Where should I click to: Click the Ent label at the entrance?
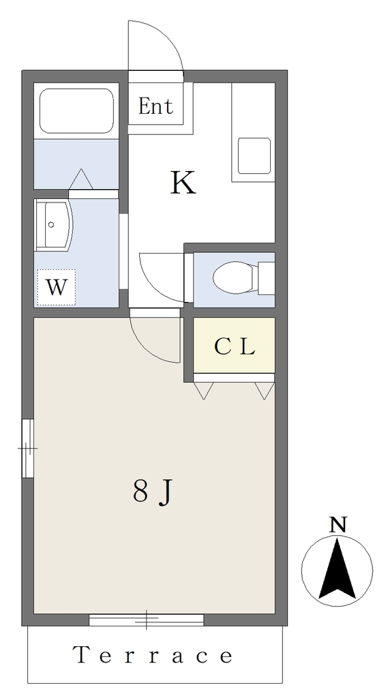[155, 106]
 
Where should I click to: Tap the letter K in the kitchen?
[183, 183]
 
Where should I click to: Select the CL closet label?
[235, 347]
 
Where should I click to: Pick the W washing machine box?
[56, 288]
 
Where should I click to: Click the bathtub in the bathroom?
[76, 111]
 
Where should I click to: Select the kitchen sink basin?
[254, 155]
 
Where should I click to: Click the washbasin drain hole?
[51, 225]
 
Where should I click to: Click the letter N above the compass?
[338, 526]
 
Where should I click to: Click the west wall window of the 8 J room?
[28, 448]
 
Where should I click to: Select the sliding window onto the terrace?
[146, 620]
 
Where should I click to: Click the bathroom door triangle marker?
[81, 179]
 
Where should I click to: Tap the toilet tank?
[267, 278]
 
